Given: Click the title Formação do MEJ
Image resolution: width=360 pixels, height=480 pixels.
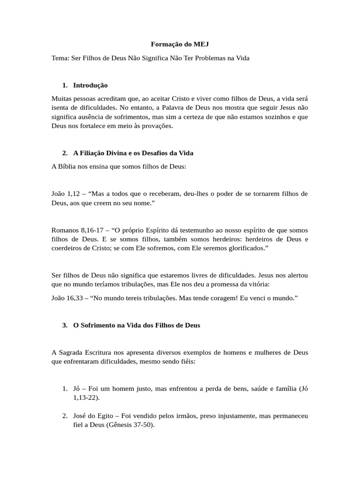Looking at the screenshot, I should point(180,45).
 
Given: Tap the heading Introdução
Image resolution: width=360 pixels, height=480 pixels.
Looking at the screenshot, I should point(90,85).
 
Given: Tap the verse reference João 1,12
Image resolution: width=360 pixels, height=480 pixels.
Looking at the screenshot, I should point(65,194).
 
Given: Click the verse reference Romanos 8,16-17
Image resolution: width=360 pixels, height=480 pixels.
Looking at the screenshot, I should point(77,230).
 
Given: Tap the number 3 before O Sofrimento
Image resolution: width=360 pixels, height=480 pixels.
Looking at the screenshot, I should point(65,325).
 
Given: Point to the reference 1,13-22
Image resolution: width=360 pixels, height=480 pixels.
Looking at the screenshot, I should point(85,397).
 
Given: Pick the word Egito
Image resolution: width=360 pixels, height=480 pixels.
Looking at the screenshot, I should point(107,416).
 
